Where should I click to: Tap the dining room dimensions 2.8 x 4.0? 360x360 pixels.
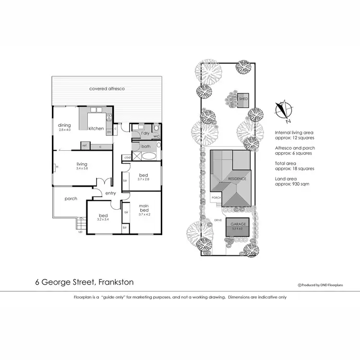64,130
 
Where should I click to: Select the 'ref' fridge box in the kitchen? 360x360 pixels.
84,145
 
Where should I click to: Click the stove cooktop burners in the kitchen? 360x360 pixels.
109,117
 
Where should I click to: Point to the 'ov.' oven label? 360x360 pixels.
109,131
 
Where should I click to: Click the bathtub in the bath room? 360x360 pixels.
148,156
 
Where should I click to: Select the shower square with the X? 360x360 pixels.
136,156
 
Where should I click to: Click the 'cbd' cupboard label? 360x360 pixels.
127,157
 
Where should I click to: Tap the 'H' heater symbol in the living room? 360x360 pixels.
57,167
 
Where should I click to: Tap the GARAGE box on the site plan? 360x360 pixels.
238,227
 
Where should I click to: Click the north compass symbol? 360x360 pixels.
284,109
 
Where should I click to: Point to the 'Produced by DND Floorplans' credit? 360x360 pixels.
324,285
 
